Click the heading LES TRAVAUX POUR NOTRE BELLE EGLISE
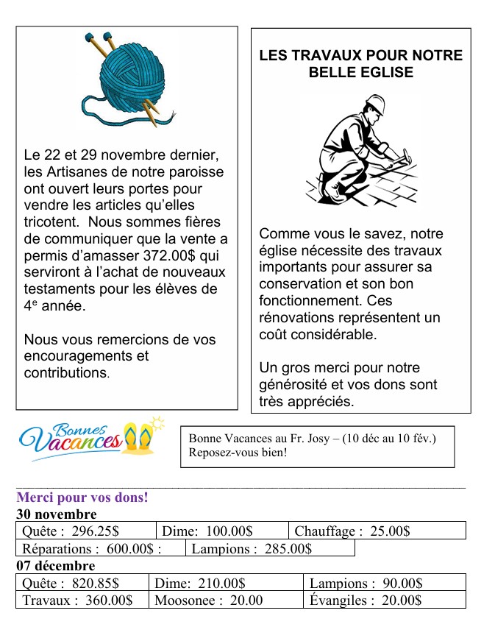click(x=361, y=64)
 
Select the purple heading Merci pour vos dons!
click(x=82, y=497)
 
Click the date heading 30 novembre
click(x=57, y=514)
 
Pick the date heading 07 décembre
click(x=56, y=565)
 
